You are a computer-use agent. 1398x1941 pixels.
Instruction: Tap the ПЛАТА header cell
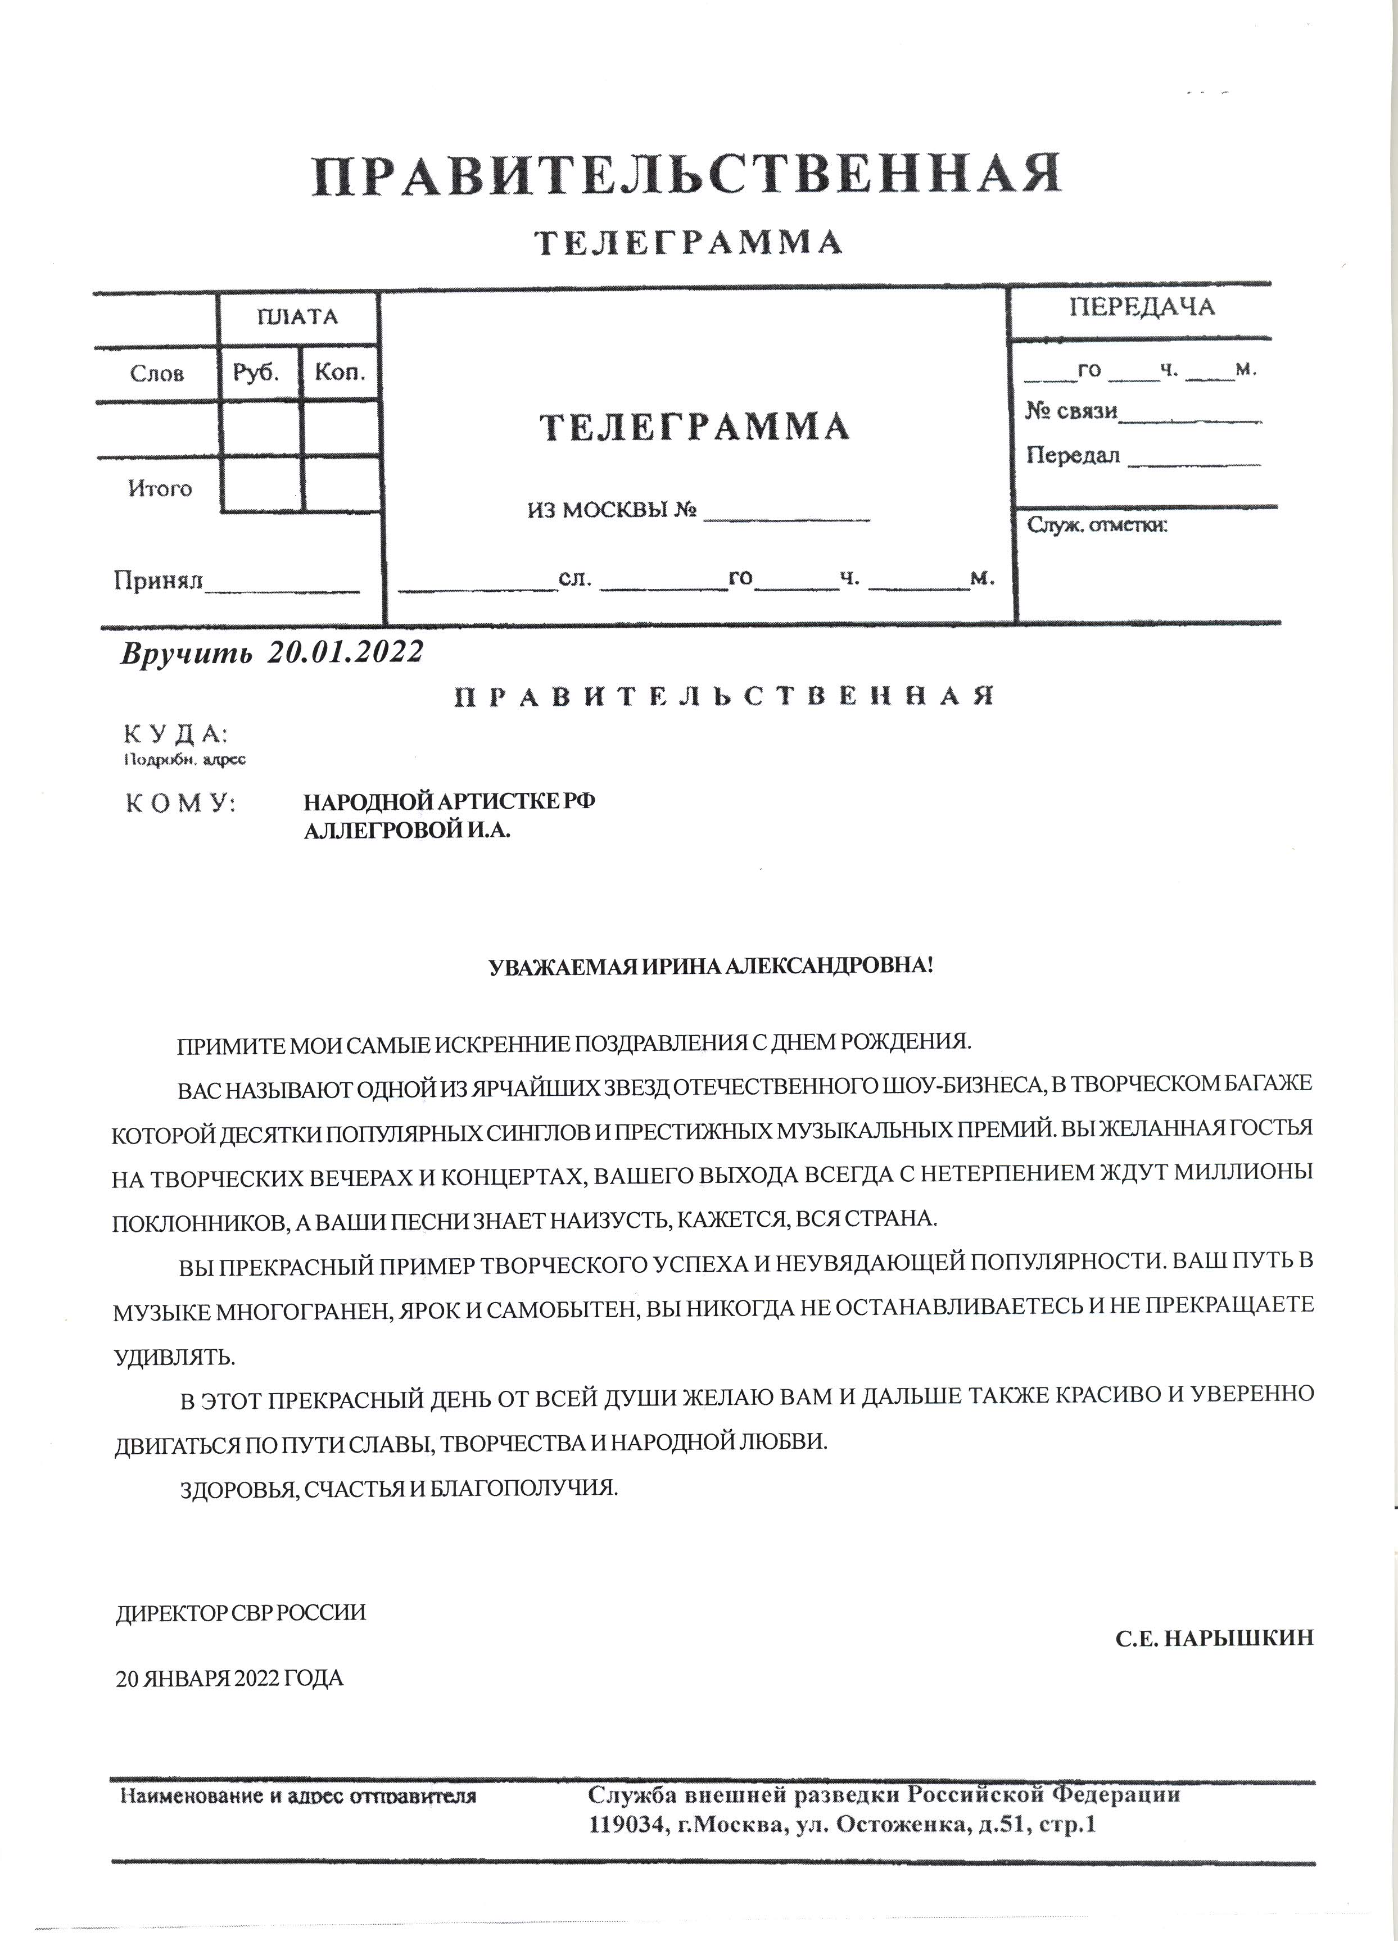click(297, 318)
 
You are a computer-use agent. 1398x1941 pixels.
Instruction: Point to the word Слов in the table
click(157, 374)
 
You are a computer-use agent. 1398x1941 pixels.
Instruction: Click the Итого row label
click(160, 489)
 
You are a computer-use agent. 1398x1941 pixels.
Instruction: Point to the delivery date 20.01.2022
click(345, 652)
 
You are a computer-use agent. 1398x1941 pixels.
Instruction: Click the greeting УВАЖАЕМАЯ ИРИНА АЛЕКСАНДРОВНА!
click(711, 967)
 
